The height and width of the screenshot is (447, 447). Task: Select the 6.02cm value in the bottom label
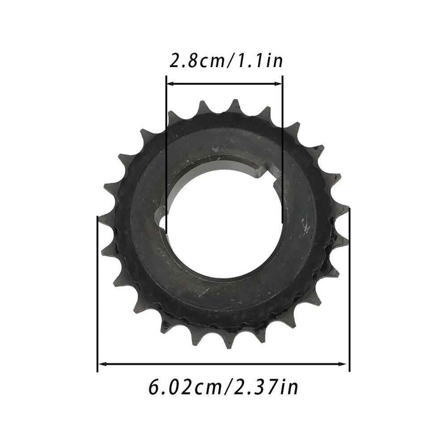[x=181, y=387]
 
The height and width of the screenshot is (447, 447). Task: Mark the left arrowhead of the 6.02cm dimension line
[x=101, y=365]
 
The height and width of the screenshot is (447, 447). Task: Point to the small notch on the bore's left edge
[x=163, y=223]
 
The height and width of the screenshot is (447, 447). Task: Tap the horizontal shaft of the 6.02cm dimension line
[x=223, y=365]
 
